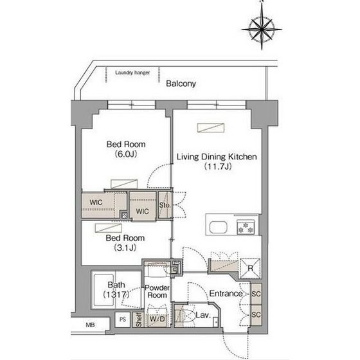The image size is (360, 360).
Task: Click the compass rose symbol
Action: point(262,29)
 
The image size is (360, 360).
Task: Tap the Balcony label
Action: point(181,84)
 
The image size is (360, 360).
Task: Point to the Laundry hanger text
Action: point(132,73)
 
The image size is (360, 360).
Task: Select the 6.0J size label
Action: point(126,154)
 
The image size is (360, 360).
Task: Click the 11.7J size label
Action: point(217,166)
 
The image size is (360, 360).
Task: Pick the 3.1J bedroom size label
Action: point(125,248)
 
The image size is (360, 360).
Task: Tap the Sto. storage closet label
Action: point(165,205)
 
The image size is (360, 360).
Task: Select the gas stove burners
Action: point(246,227)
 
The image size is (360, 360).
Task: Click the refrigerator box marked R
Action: point(250,268)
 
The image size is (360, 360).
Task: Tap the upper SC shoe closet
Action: point(256,294)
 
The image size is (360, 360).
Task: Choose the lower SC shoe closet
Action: point(256,315)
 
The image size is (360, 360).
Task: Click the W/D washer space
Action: point(157,319)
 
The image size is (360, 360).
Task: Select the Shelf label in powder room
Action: point(138,319)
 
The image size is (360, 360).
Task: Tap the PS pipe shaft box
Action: point(123,319)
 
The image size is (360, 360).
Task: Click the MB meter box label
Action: point(90,325)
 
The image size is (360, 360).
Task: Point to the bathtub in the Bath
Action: point(104,290)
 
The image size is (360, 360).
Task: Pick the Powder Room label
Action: point(157,291)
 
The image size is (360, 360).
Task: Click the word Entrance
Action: point(226,293)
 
